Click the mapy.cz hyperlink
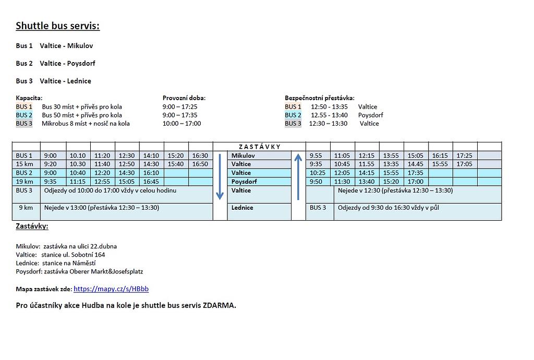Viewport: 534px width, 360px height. coord(111,289)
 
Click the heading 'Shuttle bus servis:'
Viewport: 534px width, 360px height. coord(57,26)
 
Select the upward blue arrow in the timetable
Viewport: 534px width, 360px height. coord(298,176)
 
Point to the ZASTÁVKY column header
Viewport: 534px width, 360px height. coord(259,147)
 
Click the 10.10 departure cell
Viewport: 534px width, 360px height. coord(78,155)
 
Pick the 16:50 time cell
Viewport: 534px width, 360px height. coord(200,164)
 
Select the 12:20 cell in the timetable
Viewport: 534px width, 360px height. coord(102,173)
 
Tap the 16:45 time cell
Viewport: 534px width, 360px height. coord(151,182)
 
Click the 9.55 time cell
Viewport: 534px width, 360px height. coord(317,155)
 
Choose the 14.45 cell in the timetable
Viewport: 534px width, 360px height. coord(416,164)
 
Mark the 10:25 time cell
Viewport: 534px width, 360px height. coord(318,173)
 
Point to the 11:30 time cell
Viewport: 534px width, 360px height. coord(342,182)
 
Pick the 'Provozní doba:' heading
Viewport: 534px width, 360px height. coord(184,98)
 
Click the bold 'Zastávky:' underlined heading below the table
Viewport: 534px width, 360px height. coord(32,226)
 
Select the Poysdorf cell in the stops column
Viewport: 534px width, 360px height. coord(245,182)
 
